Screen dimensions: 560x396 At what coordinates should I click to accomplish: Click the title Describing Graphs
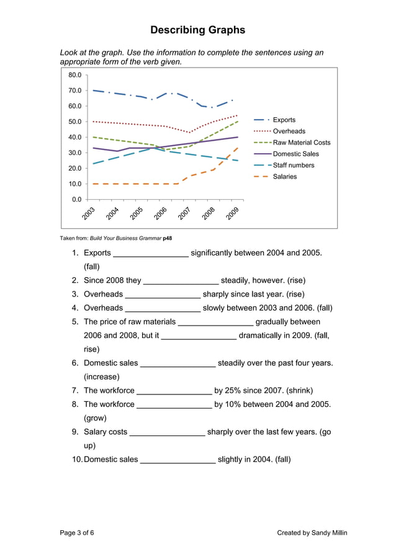[198, 30]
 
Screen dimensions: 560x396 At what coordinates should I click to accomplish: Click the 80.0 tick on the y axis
[75, 75]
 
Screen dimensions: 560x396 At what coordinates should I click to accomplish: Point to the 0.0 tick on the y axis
[77, 199]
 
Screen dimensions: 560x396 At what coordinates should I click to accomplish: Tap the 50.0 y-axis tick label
[75, 122]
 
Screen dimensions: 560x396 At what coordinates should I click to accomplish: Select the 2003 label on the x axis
[88, 213]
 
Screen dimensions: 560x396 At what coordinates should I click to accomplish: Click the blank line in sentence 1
[151, 254]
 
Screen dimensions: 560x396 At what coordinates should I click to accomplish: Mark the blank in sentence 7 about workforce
[174, 391]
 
